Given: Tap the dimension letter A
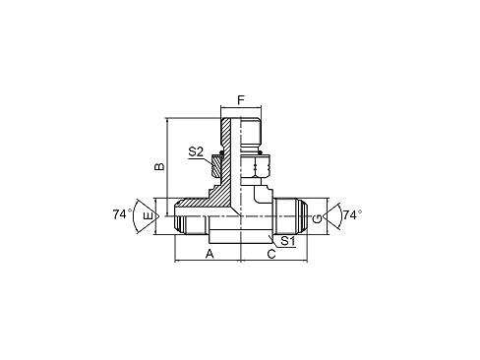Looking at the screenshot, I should tap(209, 254).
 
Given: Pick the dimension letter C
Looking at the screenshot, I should tap(271, 254).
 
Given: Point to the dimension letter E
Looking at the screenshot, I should tap(148, 214).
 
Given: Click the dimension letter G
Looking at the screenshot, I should tap(330, 214).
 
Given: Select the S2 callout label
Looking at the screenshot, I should tap(195, 151).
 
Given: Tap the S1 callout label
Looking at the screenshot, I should tap(286, 240).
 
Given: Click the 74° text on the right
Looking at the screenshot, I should tap(352, 213).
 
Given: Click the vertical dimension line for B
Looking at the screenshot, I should tap(168, 167).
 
